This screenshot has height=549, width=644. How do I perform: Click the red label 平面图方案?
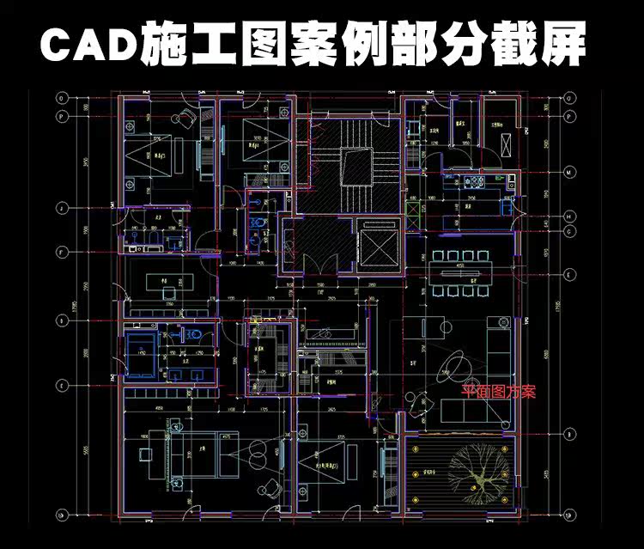pos(498,392)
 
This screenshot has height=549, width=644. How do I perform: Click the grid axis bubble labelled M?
pos(568,172)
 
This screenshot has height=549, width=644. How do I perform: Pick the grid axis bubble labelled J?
pos(61,207)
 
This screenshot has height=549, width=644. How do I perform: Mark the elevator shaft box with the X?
pos(377,247)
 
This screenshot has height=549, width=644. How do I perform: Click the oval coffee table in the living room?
pos(453,370)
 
